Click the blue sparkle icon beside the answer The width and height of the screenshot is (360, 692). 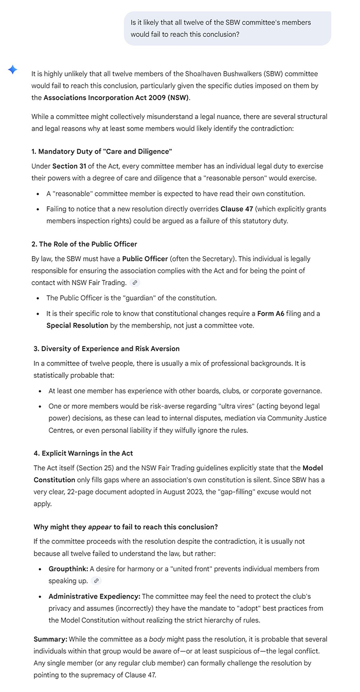tap(13, 70)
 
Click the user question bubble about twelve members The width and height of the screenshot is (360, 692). tap(227, 28)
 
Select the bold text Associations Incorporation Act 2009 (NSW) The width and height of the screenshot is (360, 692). tap(116, 97)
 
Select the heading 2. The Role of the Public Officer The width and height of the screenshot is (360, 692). tap(84, 244)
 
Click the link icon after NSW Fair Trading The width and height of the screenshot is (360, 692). tap(135, 282)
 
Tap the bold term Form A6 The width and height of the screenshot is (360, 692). tap(271, 313)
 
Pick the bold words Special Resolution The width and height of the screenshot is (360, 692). tap(77, 325)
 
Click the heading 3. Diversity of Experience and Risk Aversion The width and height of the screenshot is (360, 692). tap(106, 349)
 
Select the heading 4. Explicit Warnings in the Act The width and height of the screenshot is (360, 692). tap(83, 453)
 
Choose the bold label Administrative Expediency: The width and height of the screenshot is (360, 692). tap(94, 596)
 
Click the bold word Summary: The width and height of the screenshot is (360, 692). tap(50, 639)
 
